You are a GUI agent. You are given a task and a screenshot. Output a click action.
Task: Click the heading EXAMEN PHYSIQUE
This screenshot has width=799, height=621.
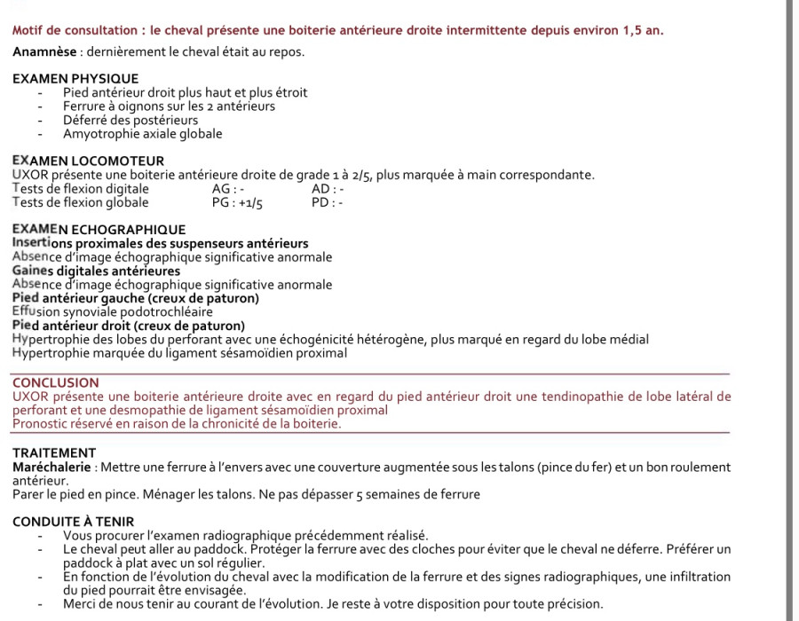click(75, 79)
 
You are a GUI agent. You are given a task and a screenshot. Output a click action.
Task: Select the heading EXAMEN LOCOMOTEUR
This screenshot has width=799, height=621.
click(88, 161)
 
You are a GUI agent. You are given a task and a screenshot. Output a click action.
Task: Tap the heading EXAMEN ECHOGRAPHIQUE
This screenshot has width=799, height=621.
click(99, 230)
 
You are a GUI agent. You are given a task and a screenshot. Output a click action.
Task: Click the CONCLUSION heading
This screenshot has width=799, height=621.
click(56, 383)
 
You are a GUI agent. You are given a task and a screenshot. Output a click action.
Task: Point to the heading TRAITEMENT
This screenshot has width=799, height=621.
click(54, 452)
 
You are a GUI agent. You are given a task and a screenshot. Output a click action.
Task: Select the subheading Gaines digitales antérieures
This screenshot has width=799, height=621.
click(96, 271)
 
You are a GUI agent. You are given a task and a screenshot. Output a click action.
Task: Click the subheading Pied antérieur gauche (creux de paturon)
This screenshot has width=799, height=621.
click(135, 298)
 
